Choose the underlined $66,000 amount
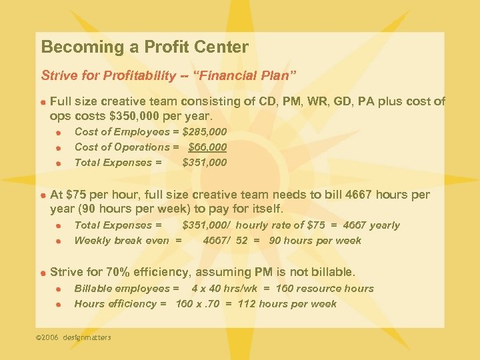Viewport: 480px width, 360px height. click(207, 147)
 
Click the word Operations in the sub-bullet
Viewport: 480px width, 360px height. click(142, 147)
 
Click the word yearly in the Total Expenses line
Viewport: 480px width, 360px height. click(384, 225)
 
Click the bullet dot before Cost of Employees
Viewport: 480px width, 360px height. click(58, 133)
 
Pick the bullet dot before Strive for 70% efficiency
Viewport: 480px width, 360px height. click(42, 273)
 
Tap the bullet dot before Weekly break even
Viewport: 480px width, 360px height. click(58, 241)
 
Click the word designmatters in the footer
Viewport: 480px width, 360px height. click(87, 337)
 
